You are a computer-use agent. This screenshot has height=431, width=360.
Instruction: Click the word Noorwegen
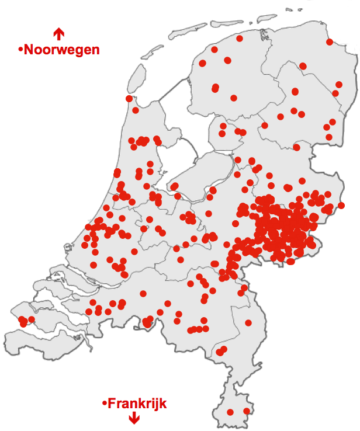[61, 50]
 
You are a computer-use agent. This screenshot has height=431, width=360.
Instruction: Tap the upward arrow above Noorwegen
[58, 33]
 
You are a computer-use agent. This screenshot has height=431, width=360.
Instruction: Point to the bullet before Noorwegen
[20, 50]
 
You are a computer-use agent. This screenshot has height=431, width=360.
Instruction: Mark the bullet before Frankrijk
[105, 404]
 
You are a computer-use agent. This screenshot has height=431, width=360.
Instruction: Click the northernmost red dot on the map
[240, 39]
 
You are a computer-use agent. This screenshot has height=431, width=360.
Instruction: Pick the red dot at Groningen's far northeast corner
[330, 42]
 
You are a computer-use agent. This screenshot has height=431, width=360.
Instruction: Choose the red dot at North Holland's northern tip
[129, 99]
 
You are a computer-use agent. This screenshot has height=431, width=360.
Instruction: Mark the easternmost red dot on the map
[341, 205]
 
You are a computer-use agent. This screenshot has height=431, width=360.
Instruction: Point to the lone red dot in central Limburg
[248, 323]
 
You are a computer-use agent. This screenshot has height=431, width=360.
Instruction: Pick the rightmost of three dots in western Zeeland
[32, 319]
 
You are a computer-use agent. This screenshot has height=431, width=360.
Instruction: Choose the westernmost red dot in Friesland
[203, 63]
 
